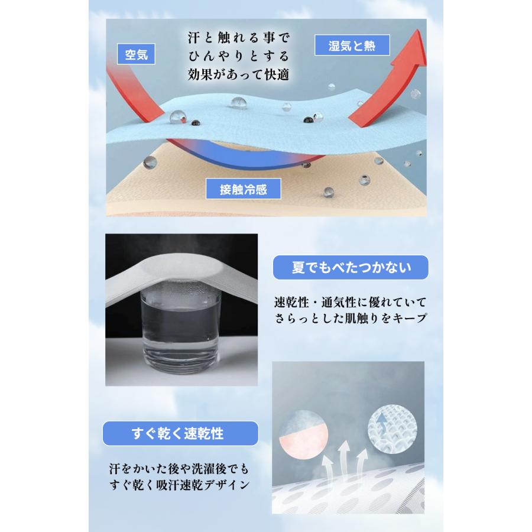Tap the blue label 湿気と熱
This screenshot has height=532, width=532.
[x=351, y=45]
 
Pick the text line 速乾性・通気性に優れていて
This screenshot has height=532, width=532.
[x=350, y=302]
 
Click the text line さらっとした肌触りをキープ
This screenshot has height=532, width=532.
[x=350, y=319]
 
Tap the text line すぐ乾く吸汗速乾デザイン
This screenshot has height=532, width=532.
[x=180, y=486]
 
